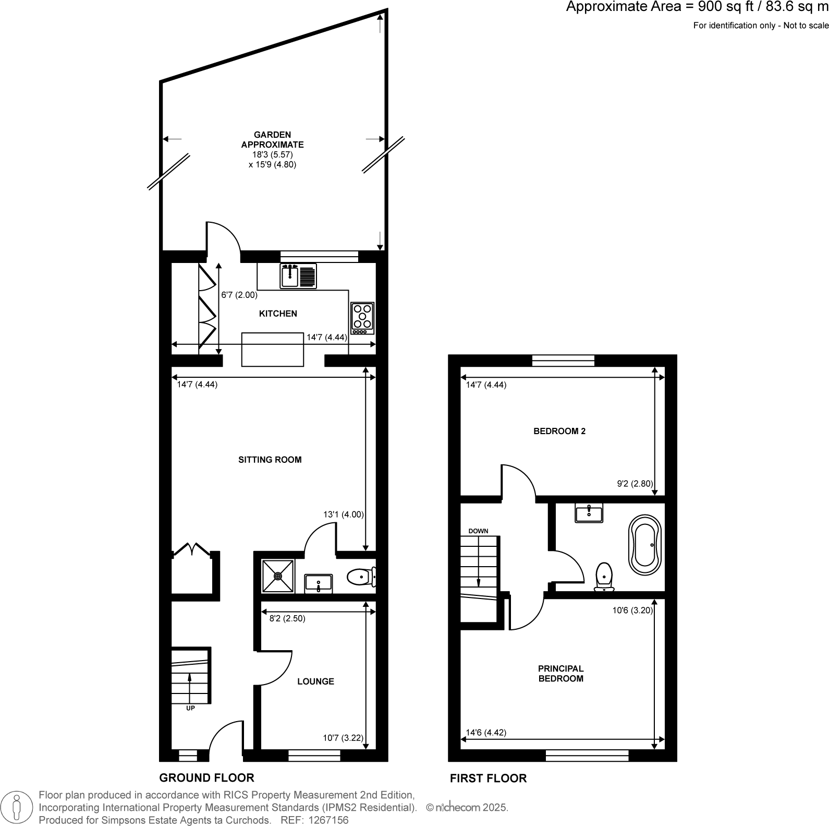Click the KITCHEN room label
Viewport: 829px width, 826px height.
pos(278,314)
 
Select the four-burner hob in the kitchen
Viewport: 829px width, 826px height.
pos(362,318)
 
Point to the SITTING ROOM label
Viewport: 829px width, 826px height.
pos(270,460)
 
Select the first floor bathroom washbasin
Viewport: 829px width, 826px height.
pos(589,513)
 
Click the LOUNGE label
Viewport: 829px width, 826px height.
pos(315,681)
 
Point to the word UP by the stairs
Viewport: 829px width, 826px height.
pos(190,708)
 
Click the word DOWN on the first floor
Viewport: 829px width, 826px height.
pos(478,531)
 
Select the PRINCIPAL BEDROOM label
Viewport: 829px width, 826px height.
pos(560,674)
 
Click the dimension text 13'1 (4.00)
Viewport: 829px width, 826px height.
pos(343,514)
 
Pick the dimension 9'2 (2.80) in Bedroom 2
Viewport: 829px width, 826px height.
pos(635,484)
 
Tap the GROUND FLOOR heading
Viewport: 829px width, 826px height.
pos(206,777)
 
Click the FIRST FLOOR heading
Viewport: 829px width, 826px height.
pos(488,778)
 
